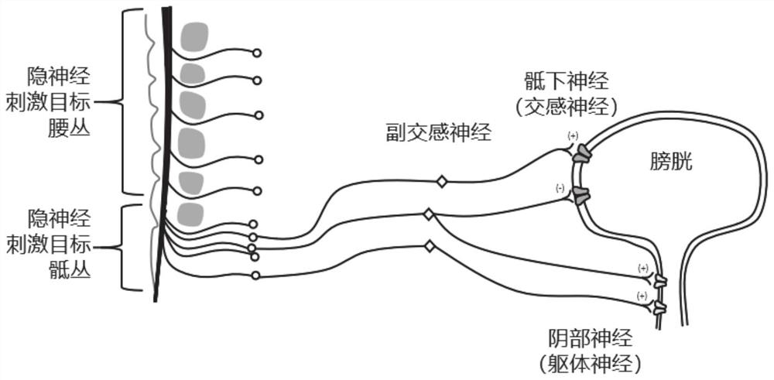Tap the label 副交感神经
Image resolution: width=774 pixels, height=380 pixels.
[x=439, y=133]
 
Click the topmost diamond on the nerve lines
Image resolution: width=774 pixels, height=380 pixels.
[x=442, y=182]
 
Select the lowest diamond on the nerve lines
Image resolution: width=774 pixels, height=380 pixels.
[x=428, y=247]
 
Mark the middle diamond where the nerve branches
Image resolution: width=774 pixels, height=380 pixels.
[x=427, y=214]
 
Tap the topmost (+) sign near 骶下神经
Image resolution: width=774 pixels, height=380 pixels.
[x=573, y=136]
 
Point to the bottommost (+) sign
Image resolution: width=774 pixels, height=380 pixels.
[x=642, y=296]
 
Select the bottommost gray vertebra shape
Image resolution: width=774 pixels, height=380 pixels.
[x=190, y=212]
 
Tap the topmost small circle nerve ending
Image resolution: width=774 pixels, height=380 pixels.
[x=257, y=53]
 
